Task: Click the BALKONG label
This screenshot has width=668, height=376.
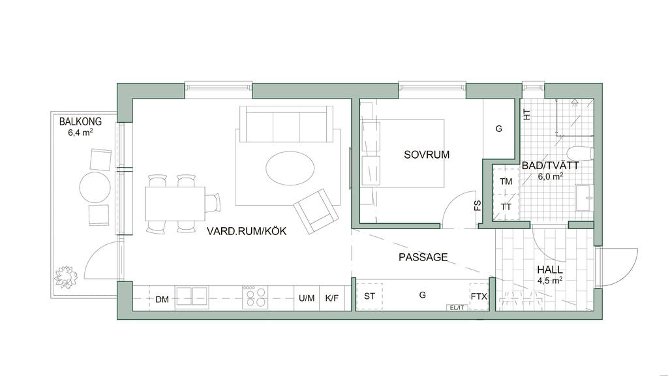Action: tap(80, 121)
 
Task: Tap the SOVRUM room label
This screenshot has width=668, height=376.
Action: tap(427, 155)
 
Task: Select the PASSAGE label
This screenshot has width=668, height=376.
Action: tap(423, 257)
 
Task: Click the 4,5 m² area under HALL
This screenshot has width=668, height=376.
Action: tap(549, 281)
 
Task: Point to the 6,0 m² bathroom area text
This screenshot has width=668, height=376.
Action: tap(550, 176)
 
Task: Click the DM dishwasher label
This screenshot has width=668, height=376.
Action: tap(162, 300)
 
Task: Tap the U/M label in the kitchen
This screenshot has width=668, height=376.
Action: tap(307, 298)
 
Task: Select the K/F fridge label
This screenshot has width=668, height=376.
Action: tap(332, 298)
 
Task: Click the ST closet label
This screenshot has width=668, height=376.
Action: tap(369, 296)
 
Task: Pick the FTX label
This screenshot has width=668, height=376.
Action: tap(479, 296)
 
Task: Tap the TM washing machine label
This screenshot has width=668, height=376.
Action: tap(506, 181)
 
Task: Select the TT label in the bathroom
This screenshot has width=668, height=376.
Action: tap(506, 207)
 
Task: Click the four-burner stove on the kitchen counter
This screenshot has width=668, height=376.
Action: tap(255, 297)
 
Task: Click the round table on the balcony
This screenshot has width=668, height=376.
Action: tap(95, 187)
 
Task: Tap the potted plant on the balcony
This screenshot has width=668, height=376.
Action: tap(66, 276)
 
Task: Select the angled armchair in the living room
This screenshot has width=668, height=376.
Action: tap(316, 211)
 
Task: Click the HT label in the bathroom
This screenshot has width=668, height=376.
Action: tap(527, 115)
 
